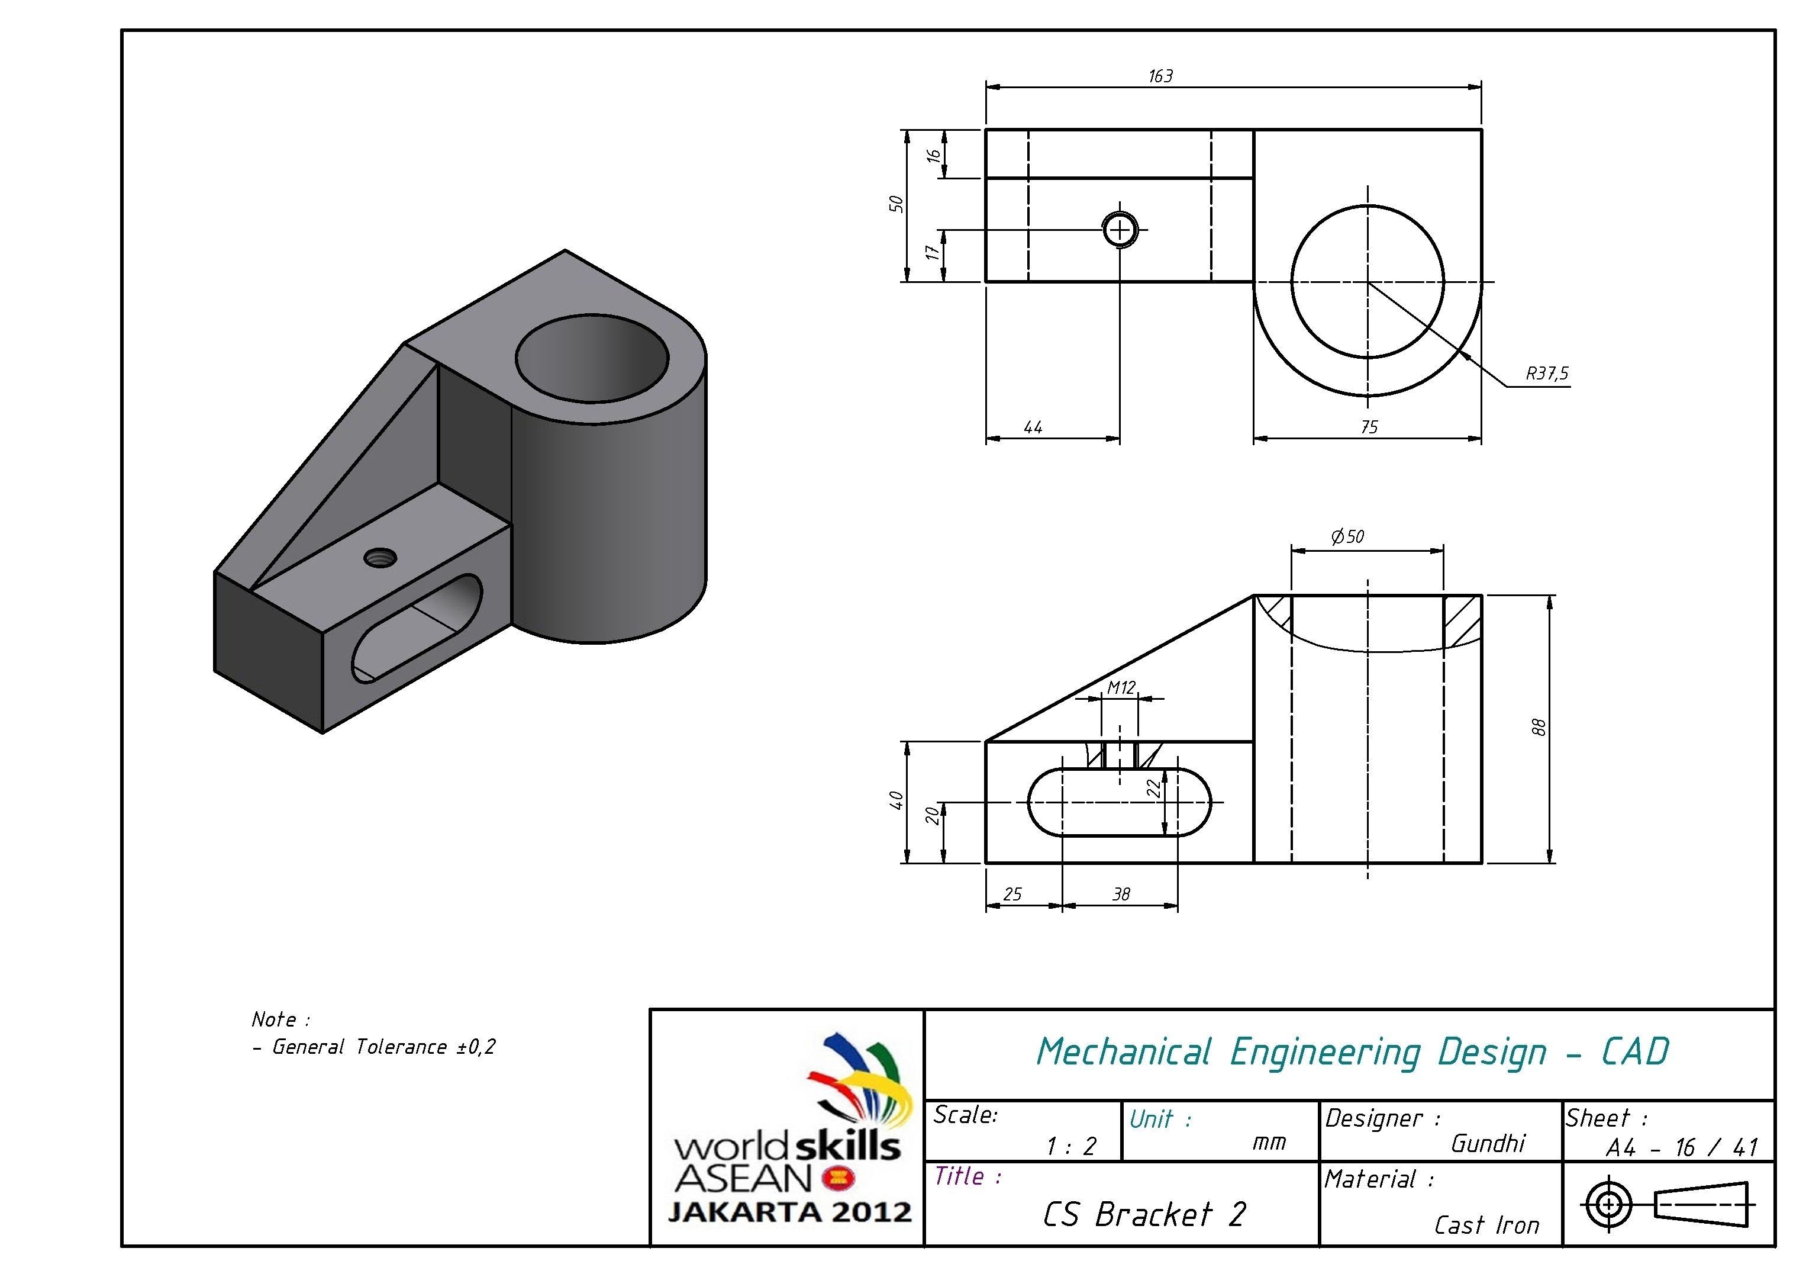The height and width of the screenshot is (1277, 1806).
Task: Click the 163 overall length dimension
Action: [x=1160, y=76]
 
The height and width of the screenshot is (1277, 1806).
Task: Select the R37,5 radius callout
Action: [x=1546, y=374]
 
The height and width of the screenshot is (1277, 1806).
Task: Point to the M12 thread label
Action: [x=1121, y=688]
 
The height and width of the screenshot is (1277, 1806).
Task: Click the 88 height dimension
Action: [x=1539, y=728]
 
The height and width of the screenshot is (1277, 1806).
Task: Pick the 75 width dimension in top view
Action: [x=1369, y=427]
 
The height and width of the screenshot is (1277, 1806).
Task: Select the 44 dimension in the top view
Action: [x=1033, y=427]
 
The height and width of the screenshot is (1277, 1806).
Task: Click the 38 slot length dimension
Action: [x=1121, y=894]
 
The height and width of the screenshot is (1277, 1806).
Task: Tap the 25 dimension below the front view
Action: [x=1012, y=894]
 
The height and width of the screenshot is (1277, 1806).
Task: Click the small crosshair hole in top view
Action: [x=1120, y=230]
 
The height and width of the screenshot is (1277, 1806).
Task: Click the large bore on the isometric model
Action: [x=592, y=358]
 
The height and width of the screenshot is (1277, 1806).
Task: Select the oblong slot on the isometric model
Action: [x=417, y=629]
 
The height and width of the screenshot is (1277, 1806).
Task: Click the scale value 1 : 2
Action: [x=1070, y=1146]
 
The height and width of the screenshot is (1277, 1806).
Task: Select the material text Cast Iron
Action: [x=1486, y=1225]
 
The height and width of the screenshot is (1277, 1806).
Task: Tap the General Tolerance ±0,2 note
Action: [x=383, y=1047]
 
